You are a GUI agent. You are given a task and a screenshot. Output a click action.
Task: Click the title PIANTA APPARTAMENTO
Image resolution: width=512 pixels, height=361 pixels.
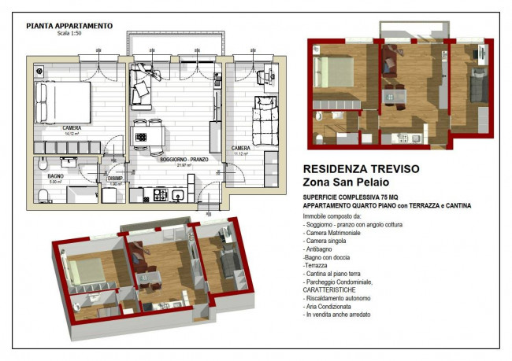[69, 25]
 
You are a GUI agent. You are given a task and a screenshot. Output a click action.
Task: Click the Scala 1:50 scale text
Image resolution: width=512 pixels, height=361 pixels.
[69, 33]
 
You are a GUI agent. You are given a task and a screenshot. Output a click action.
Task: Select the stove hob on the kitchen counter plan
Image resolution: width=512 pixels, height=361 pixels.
[161, 192]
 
